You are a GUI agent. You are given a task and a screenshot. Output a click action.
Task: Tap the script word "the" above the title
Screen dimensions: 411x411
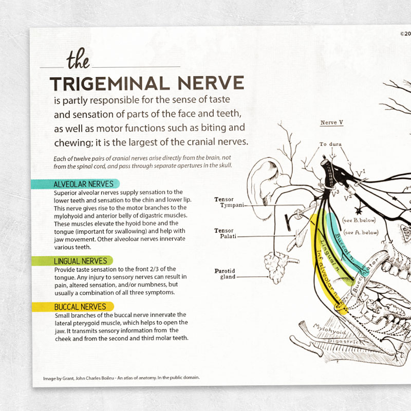click(78, 61)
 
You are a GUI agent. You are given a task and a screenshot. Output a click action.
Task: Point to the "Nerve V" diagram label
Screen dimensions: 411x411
click(331, 123)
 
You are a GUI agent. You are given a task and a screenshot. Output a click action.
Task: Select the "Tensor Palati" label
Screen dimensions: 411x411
click(224, 234)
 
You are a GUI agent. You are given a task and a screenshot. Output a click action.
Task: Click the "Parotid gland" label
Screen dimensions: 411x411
click(224, 273)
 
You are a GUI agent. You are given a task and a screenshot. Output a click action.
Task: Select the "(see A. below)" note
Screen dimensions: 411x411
click(361, 232)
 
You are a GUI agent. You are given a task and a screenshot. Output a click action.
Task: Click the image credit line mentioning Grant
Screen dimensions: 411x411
click(121, 378)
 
